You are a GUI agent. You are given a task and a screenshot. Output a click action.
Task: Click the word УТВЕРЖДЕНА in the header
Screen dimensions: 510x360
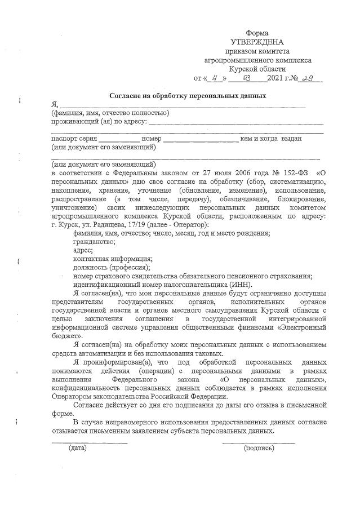[257, 42]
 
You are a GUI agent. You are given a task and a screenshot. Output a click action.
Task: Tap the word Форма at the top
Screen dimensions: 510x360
[257, 33]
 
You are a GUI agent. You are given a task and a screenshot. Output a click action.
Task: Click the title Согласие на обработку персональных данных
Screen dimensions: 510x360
[180, 96]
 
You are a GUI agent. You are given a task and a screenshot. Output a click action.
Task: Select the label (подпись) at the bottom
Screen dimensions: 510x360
[258, 449]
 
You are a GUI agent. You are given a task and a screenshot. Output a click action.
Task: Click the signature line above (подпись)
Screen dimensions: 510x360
[258, 441]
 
